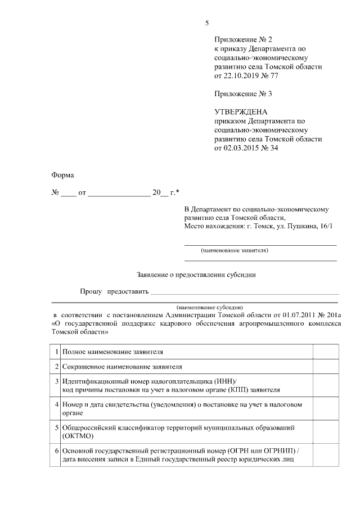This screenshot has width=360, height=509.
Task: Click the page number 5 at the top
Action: (206, 23)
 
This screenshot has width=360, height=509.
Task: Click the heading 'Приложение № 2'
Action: (242, 39)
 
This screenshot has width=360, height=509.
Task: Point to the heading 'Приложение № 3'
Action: (242, 93)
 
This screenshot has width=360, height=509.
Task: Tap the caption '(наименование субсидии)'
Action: (209, 308)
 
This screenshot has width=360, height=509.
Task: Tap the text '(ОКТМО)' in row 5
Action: (78, 435)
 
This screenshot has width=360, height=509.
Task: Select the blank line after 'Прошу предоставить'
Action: (245, 292)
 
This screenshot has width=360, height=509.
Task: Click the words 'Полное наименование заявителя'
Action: (113, 352)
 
